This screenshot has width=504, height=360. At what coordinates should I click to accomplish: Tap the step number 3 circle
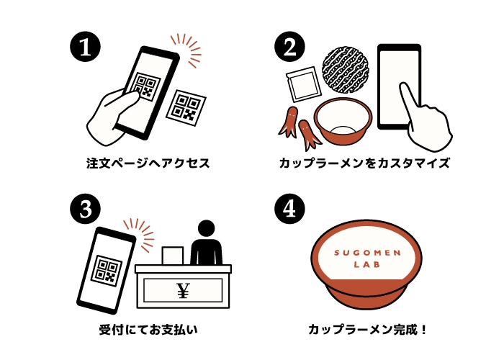pos(84,209)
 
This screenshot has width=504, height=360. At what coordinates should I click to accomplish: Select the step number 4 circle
pos(289,209)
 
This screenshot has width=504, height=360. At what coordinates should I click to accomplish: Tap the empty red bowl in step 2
pos(345,120)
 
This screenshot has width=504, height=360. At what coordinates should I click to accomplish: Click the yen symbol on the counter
pos(182,291)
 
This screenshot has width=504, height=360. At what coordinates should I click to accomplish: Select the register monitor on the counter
pos(173,255)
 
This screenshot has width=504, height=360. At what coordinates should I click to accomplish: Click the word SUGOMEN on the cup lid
pos(368,252)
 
